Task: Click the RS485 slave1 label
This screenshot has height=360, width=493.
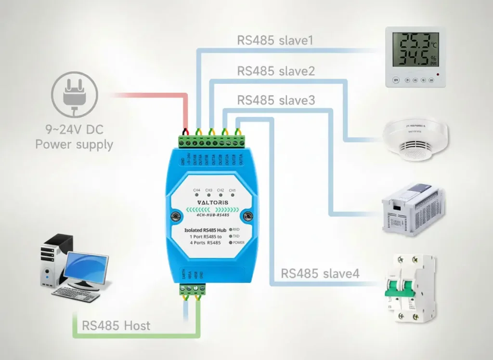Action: tap(275, 40)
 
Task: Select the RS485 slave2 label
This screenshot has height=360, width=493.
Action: tap(276, 71)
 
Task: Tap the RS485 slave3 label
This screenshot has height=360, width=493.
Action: tap(276, 100)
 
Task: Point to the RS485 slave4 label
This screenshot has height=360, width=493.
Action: tap(320, 274)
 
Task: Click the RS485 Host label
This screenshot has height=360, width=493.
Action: tap(116, 325)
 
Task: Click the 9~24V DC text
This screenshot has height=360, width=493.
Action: tap(75, 130)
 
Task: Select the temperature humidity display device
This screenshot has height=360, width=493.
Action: tap(415, 57)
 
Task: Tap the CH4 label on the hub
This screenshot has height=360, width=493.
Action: tap(197, 190)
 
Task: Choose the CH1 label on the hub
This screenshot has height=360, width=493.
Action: tap(233, 190)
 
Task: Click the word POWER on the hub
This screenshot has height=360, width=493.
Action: tap(240, 243)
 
